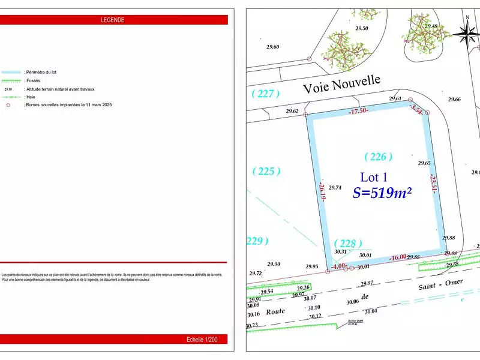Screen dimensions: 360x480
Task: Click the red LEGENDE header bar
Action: click(x=113, y=20)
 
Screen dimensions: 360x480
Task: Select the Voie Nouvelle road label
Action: click(x=341, y=85)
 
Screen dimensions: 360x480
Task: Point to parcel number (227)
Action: click(x=266, y=93)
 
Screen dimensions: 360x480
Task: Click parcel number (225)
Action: click(x=266, y=171)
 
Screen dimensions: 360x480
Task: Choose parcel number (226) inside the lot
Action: click(x=379, y=157)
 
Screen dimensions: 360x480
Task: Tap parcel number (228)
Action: click(x=348, y=243)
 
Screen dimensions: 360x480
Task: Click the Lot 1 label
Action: click(x=374, y=177)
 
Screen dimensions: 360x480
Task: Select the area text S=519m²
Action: click(x=382, y=193)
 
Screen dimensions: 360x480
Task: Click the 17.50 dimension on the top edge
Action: click(x=358, y=110)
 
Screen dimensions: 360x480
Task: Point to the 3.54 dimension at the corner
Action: click(x=417, y=109)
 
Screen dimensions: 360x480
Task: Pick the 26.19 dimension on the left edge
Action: click(x=322, y=192)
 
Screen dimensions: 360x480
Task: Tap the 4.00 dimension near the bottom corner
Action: click(x=339, y=266)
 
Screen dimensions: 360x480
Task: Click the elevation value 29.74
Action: click(x=335, y=188)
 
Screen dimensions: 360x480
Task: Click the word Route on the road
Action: click(x=275, y=311)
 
